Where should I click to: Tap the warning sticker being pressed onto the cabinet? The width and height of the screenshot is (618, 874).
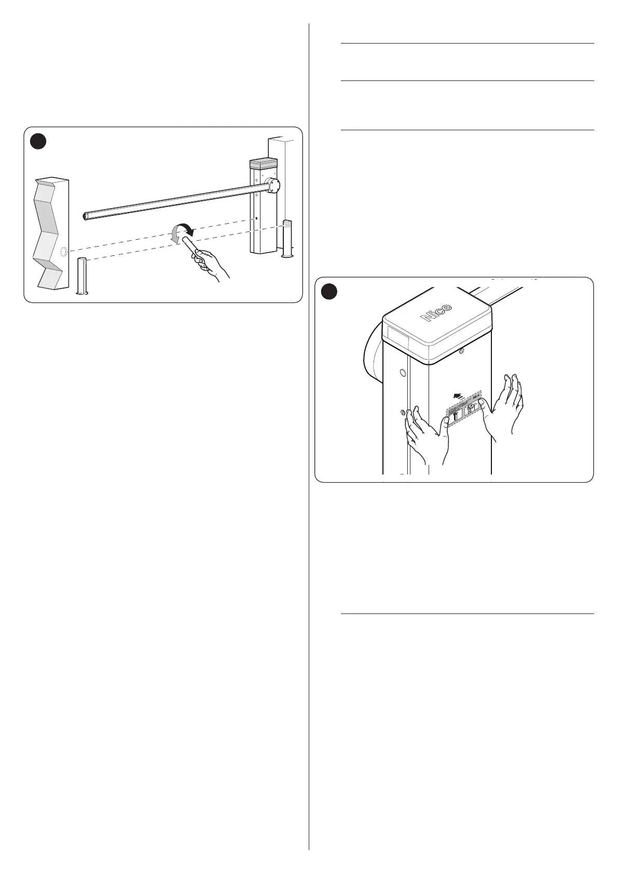tap(464, 408)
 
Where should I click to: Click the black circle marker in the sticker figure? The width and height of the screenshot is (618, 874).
tap(328, 292)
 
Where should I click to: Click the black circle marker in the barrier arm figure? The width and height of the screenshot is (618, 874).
tap(37, 141)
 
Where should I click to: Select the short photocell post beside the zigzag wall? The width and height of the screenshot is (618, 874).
tap(83, 276)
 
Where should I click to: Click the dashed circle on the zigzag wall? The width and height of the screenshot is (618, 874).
tap(64, 252)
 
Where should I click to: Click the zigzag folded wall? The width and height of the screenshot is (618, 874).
tap(50, 234)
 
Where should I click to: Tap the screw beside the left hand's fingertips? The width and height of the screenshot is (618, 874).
tap(403, 412)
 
